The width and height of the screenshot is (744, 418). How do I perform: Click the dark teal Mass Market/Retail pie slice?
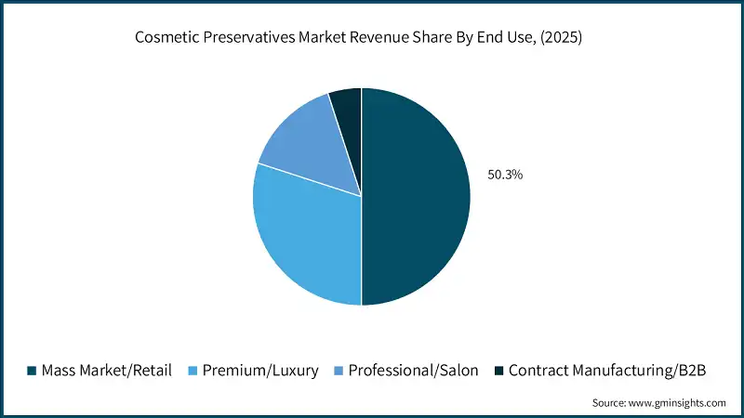(x=417, y=197)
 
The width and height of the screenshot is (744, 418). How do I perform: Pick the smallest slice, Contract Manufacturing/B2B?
(x=347, y=106)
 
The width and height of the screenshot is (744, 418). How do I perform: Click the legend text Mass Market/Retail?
(x=107, y=370)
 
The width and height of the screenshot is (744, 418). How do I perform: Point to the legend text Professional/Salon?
(x=414, y=370)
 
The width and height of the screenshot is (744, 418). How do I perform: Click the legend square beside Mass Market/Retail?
(x=32, y=371)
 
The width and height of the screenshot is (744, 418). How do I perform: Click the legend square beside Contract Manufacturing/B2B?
(x=498, y=371)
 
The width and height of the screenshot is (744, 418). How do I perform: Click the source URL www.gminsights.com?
(x=679, y=402)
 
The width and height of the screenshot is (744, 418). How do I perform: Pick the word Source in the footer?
(x=610, y=402)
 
